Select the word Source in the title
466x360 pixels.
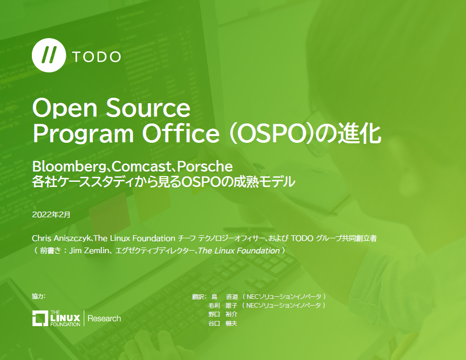149,108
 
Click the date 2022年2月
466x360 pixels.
51,214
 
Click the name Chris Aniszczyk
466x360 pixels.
61,239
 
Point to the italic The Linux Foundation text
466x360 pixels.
239,251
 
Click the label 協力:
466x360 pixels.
39,296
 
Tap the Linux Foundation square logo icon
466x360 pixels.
40,318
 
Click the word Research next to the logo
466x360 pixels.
104,318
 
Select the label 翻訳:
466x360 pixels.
199,297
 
